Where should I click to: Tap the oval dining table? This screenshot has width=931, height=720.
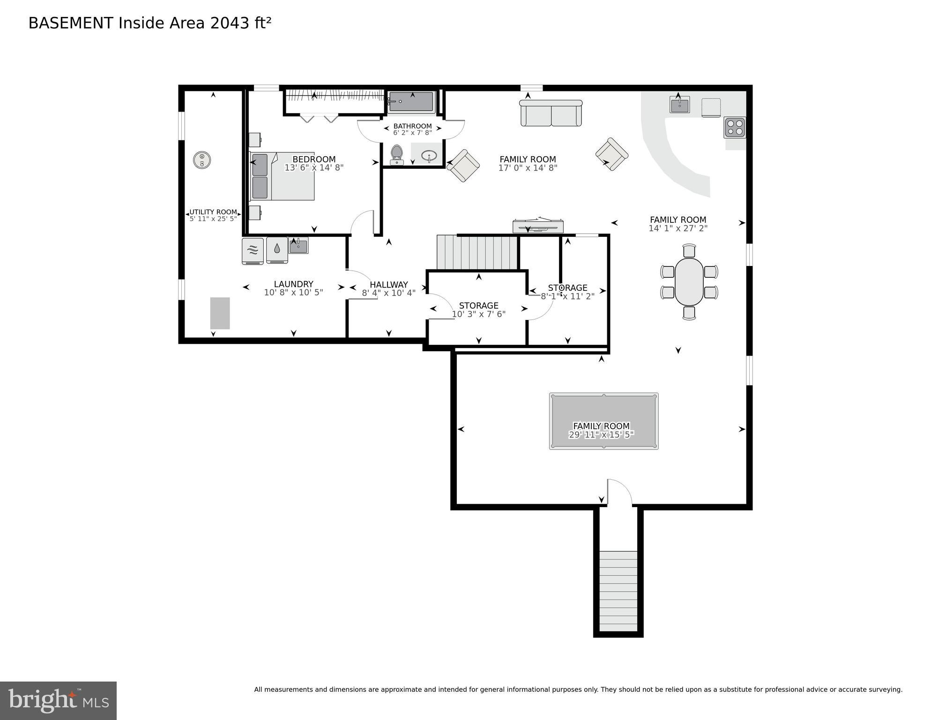tap(689, 281)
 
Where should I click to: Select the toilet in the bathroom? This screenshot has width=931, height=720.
tap(397, 154)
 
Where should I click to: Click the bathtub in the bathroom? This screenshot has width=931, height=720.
tap(411, 102)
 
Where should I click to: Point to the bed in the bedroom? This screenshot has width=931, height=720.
tap(282, 176)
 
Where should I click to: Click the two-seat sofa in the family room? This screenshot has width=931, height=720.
tap(551, 113)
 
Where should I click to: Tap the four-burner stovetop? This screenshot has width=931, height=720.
tap(734, 128)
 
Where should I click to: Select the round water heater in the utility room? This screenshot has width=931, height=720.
tap(202, 160)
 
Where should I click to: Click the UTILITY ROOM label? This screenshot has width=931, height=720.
tap(213, 212)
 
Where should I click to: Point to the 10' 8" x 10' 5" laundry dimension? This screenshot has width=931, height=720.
tap(293, 292)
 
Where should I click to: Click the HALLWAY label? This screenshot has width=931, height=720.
tap(388, 284)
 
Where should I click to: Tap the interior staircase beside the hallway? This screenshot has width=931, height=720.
tap(477, 252)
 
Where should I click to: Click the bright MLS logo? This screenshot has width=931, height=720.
tap(58, 700)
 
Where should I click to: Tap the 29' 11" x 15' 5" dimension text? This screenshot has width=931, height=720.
tap(601, 435)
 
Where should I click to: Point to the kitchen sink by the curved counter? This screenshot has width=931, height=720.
tap(679, 105)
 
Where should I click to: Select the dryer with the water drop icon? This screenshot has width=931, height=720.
tap(277, 250)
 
